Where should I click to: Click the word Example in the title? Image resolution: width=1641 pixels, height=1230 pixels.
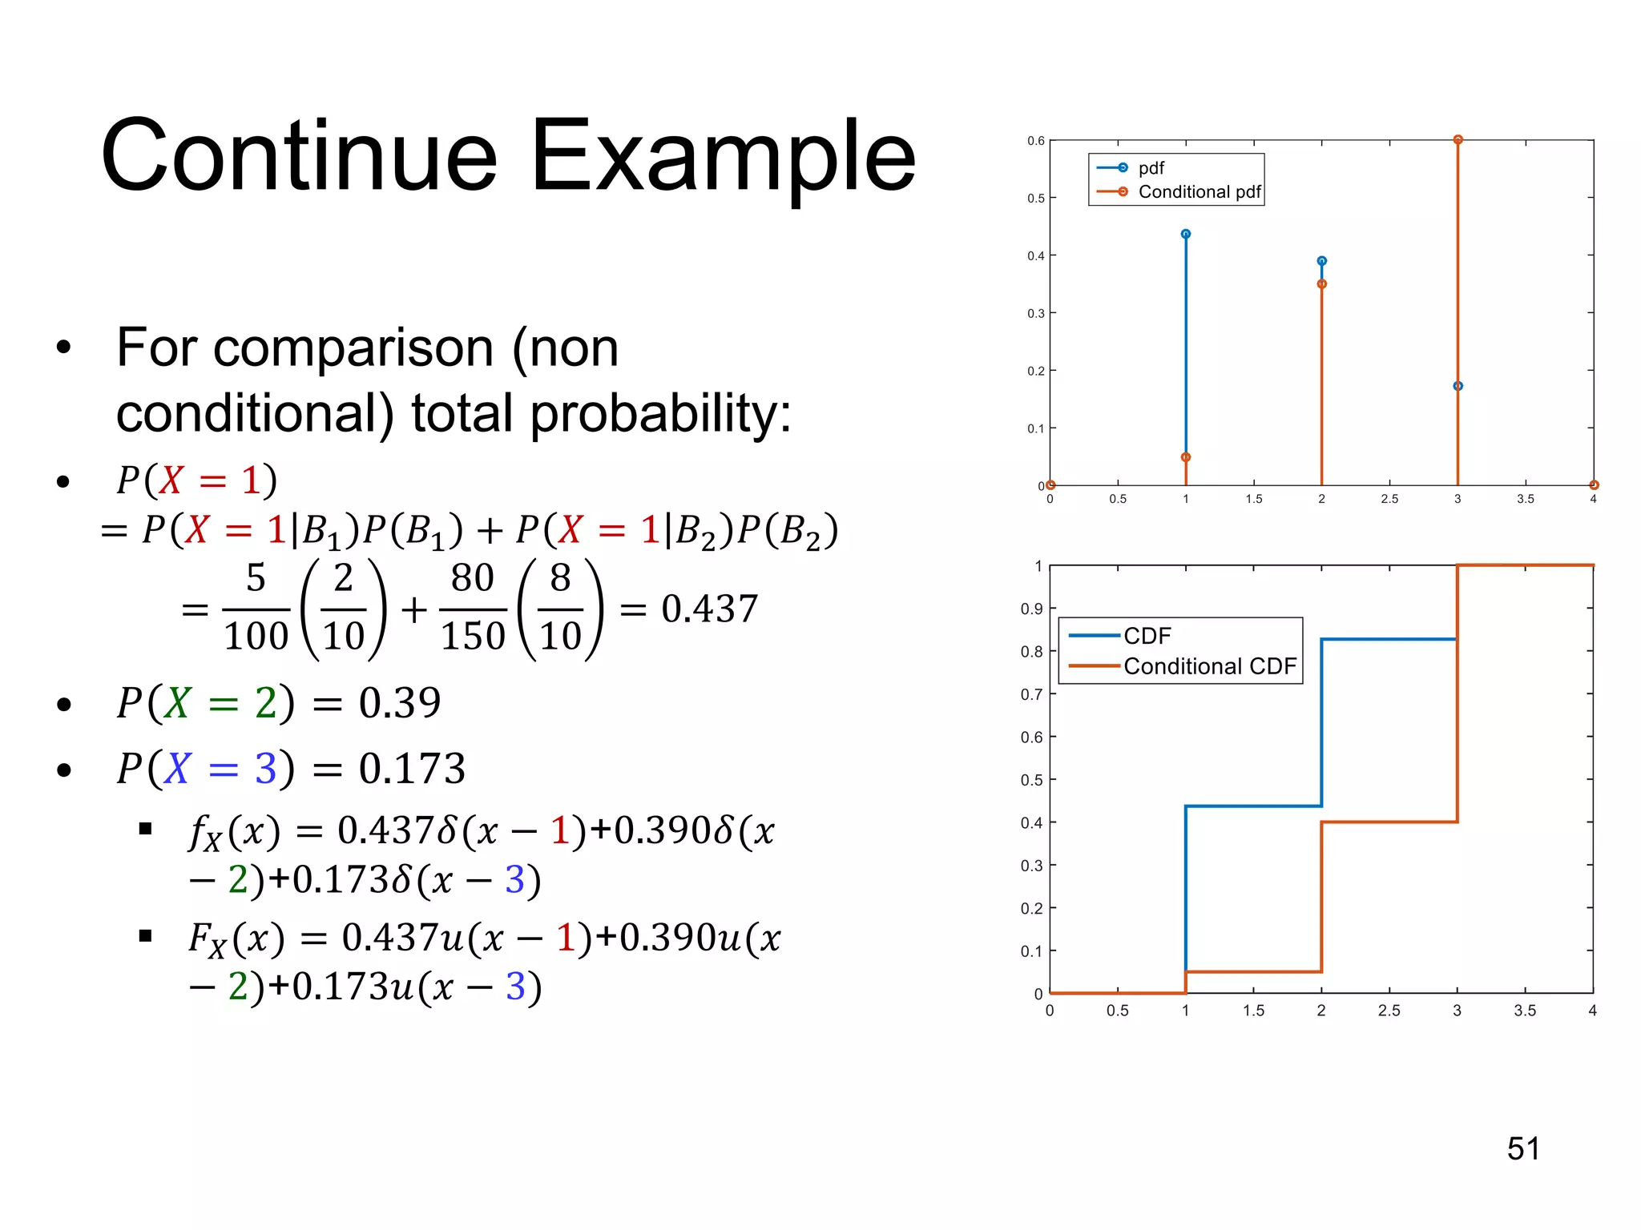pyautogui.click(x=723, y=156)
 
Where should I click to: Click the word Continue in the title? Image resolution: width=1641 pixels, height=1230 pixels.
pyautogui.click(x=299, y=156)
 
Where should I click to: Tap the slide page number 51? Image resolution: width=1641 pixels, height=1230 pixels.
pyautogui.click(x=1522, y=1148)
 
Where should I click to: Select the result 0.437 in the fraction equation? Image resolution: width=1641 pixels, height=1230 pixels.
pyautogui.click(x=709, y=609)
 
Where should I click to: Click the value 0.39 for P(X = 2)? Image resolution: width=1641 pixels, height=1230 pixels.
pyautogui.click(x=399, y=703)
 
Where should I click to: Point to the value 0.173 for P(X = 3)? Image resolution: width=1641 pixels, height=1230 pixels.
pyautogui.click(x=411, y=769)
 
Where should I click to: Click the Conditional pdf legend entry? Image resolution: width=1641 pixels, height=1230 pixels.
pyautogui.click(x=1199, y=192)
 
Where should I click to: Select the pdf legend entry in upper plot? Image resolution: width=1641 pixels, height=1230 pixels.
pyautogui.click(x=1151, y=168)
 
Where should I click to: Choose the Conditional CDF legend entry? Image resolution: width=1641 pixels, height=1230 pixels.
pyautogui.click(x=1209, y=666)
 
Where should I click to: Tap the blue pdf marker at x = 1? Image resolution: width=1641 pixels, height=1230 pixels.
pyautogui.click(x=1186, y=234)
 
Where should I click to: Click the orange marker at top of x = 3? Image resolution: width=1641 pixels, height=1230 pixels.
pyautogui.click(x=1458, y=140)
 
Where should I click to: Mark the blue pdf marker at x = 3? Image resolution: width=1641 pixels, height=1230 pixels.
pyautogui.click(x=1458, y=386)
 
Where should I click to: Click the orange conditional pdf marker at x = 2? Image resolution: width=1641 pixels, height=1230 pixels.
pyautogui.click(x=1321, y=284)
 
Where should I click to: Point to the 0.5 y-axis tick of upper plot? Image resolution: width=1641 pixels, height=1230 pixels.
pyautogui.click(x=1036, y=199)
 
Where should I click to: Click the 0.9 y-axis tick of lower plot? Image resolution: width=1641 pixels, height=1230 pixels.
pyautogui.click(x=1031, y=609)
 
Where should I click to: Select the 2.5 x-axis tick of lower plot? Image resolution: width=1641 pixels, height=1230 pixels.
pyautogui.click(x=1389, y=1011)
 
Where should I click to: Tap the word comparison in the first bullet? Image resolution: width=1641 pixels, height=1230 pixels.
pyautogui.click(x=353, y=348)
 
